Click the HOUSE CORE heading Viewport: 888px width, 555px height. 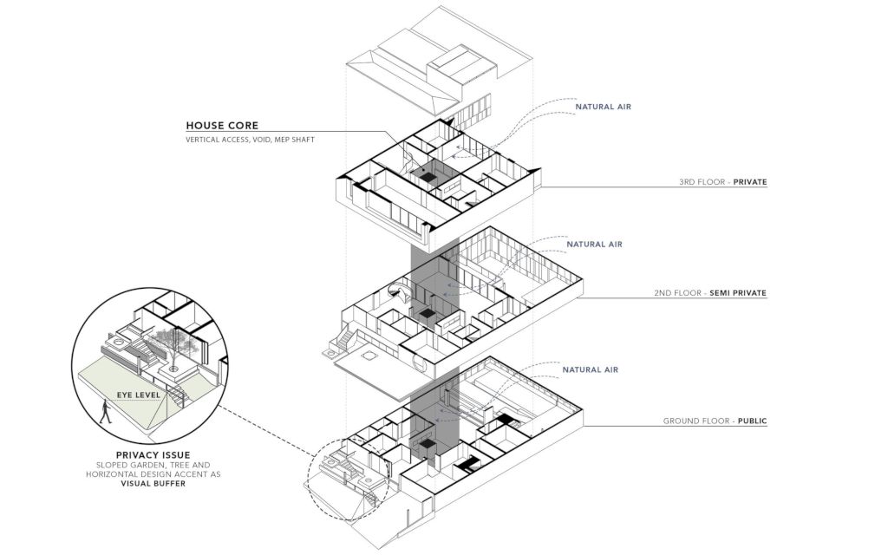(x=222, y=126)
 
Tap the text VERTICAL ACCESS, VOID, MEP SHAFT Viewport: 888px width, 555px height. (x=250, y=140)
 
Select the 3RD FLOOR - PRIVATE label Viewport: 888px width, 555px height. (x=722, y=182)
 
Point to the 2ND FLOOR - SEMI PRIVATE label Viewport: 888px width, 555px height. (x=710, y=293)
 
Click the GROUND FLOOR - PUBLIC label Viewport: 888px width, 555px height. (x=715, y=421)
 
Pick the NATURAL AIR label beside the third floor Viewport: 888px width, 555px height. (x=604, y=107)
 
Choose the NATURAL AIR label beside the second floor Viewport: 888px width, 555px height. (x=595, y=244)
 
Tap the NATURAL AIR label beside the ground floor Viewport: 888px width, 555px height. (x=590, y=369)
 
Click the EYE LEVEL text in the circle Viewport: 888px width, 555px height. (x=139, y=395)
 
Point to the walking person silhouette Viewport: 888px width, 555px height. (x=105, y=412)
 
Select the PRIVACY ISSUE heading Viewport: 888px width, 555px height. (x=153, y=454)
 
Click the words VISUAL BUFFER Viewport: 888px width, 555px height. (x=153, y=484)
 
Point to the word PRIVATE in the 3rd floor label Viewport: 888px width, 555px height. (x=750, y=182)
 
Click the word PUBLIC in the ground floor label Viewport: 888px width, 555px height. (x=752, y=421)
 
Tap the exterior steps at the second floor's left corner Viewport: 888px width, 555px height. (x=344, y=341)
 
